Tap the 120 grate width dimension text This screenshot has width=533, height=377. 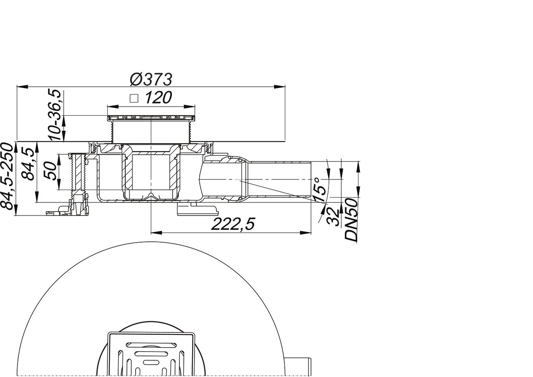click(158, 97)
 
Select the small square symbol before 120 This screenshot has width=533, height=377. click(134, 99)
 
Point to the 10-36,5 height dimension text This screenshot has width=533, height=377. click(55, 115)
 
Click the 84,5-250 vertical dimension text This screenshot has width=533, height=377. click(7, 177)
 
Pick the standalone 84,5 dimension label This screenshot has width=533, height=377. click(27, 164)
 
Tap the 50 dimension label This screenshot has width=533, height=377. click(50, 171)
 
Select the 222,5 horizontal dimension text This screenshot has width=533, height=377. click(233, 224)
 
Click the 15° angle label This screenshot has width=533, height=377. click(319, 190)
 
